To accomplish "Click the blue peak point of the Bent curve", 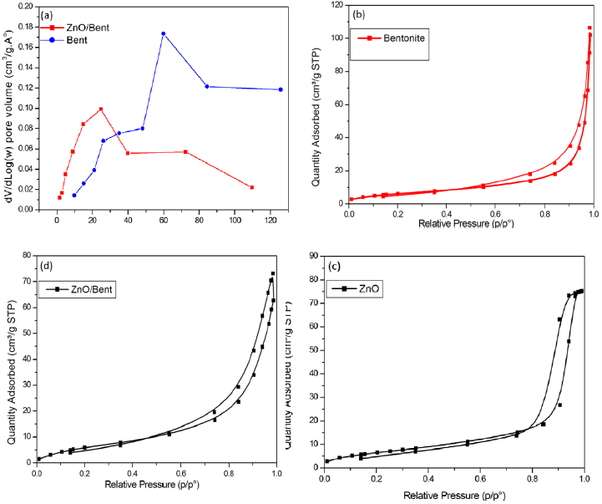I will point(163,33).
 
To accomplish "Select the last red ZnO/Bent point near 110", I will point(251,187).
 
